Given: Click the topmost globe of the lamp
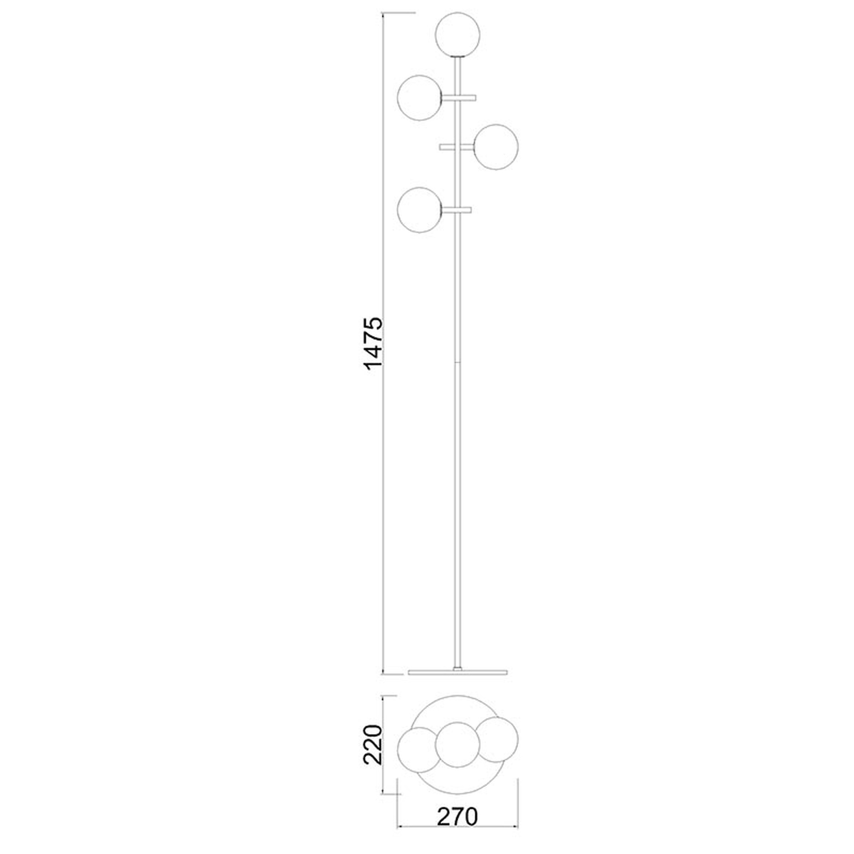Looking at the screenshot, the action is point(458,36).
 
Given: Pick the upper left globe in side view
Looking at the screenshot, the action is point(420,97).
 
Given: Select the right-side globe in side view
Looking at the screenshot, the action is point(495,147).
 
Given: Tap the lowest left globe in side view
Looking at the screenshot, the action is point(420,209).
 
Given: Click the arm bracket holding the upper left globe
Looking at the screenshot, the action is point(459,97).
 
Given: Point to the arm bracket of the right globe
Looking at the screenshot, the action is point(456,147).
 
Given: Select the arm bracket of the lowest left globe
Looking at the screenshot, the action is point(457,209).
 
